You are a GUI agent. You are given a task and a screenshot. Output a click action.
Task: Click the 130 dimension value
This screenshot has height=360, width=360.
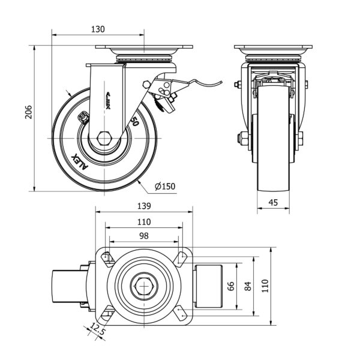point(98,29)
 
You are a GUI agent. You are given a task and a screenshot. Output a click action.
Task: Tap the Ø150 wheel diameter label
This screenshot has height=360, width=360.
point(165,187)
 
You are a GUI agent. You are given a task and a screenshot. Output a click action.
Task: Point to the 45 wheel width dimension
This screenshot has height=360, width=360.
point(273,203)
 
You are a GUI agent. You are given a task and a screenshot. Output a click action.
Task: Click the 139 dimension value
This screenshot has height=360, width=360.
point(144,206)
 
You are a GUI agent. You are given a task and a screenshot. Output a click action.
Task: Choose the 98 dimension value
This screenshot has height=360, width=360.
point(144,236)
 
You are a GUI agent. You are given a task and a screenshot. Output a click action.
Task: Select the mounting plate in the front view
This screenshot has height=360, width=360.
point(273,48)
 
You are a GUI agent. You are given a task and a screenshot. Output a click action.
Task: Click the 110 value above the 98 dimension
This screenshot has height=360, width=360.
point(144,221)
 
